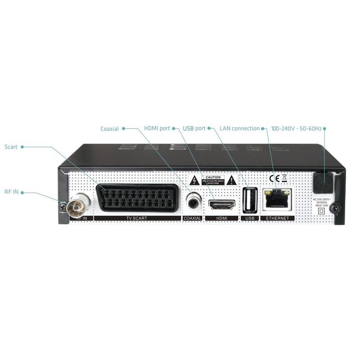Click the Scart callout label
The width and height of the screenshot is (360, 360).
(x=11, y=147)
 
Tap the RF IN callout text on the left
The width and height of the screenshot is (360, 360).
(x=12, y=192)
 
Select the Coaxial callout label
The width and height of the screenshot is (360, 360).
(x=110, y=129)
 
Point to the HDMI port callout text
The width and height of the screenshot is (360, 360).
(x=157, y=129)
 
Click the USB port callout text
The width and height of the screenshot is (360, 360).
(x=194, y=129)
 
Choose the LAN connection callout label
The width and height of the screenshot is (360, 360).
(x=240, y=129)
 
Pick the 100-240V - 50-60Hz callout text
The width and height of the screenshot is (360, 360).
(x=296, y=129)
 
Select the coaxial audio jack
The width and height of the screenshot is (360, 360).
(x=194, y=202)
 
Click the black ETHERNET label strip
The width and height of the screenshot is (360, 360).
(x=278, y=218)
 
